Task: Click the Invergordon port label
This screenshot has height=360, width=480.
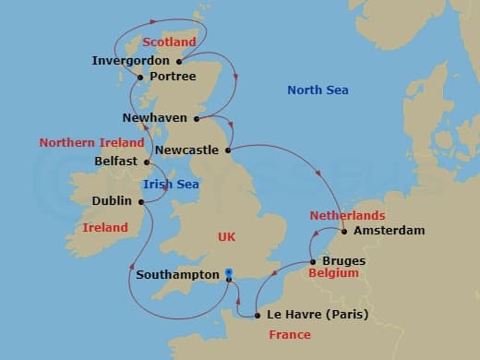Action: (131, 61)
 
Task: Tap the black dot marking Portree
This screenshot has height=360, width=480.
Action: (139, 77)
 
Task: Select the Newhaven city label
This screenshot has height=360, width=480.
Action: (155, 118)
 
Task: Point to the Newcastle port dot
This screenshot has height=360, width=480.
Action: (228, 149)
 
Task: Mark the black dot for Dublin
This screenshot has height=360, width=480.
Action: (141, 200)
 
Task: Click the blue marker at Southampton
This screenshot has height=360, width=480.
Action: (229, 273)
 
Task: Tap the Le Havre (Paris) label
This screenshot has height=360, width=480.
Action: (317, 315)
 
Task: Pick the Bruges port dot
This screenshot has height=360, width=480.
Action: (311, 261)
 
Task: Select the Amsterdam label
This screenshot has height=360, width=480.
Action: (389, 230)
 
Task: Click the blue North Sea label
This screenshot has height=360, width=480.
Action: (317, 90)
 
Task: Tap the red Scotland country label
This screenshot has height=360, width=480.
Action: (170, 42)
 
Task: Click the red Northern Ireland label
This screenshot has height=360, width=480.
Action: (91, 142)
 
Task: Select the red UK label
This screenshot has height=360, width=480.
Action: (226, 237)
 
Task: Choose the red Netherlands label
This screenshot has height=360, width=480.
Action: (347, 214)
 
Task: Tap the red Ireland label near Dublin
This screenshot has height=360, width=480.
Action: (105, 227)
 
